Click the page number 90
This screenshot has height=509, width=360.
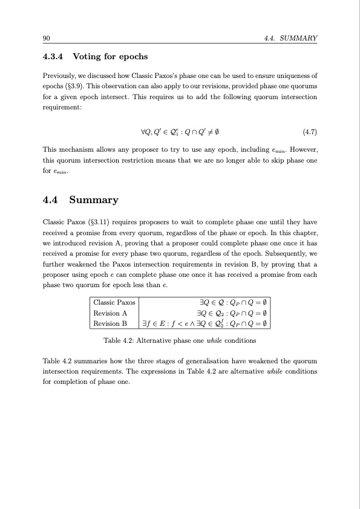[x=46, y=38]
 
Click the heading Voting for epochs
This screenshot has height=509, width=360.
[x=110, y=57]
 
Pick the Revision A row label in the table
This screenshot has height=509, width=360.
[x=110, y=313]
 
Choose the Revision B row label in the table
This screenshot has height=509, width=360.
[x=110, y=324]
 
